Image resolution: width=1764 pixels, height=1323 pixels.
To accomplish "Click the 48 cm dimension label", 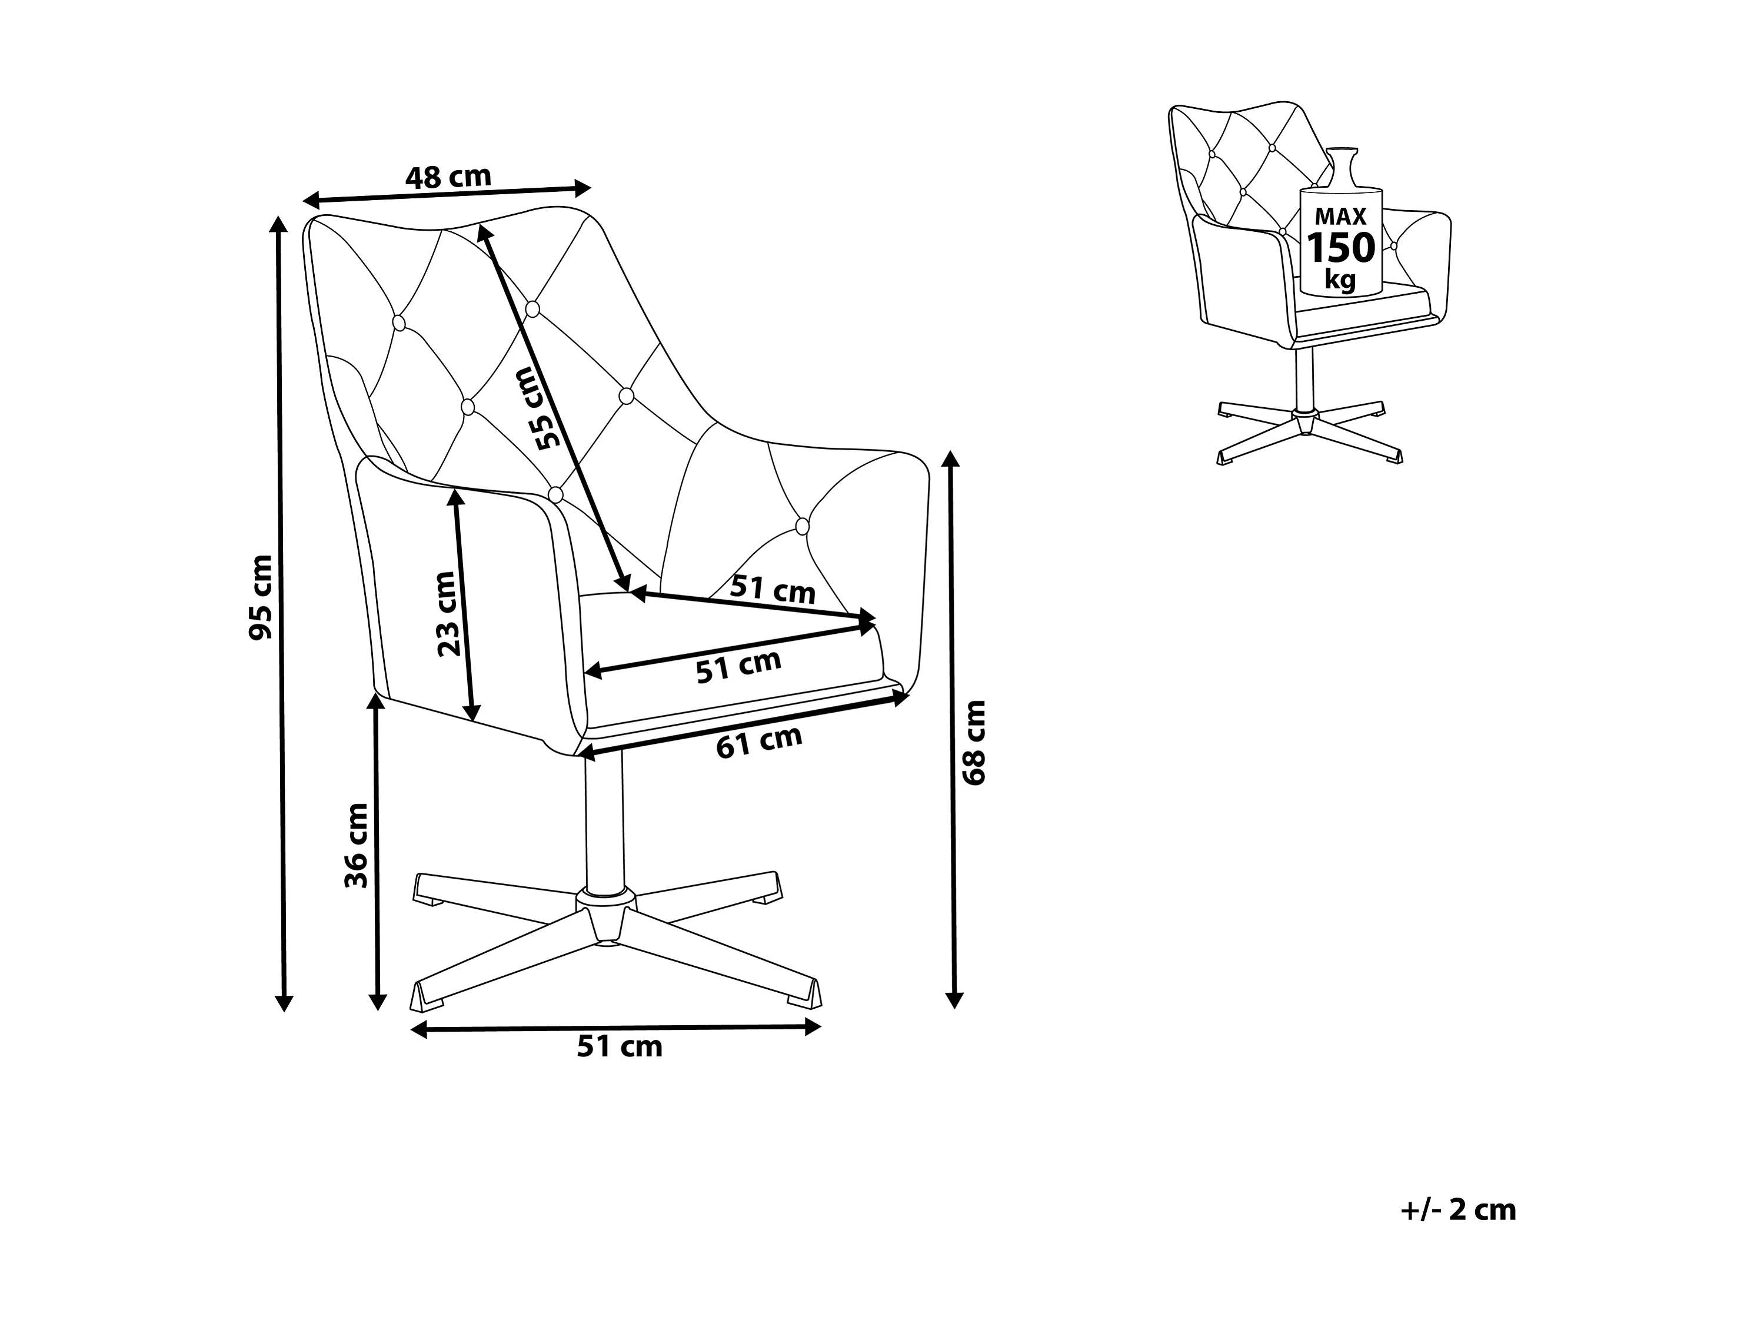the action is point(448,176).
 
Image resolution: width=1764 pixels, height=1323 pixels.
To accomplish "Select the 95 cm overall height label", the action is point(261,597).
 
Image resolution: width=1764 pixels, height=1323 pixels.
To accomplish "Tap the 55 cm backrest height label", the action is point(537,408).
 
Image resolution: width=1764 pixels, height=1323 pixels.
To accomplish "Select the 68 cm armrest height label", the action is point(974,743).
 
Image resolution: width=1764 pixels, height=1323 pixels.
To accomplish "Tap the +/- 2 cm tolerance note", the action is point(1458,1210).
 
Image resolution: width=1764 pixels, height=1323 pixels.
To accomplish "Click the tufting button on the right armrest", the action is point(802,526).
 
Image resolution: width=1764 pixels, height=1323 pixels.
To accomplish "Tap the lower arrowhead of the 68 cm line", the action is point(954,999).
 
